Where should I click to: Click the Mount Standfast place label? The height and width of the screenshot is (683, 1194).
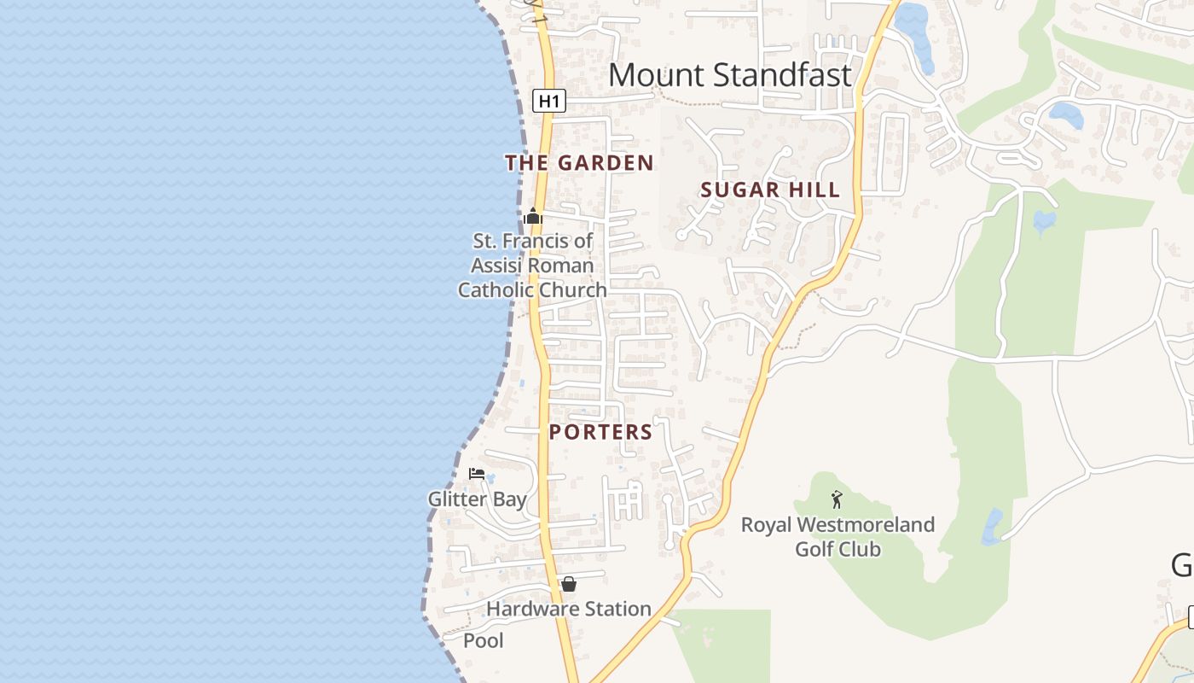point(730,75)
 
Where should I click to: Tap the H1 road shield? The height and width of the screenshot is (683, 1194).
point(549,101)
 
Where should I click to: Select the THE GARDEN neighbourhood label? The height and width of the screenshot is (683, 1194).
point(579,162)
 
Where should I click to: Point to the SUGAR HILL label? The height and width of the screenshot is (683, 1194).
point(770,190)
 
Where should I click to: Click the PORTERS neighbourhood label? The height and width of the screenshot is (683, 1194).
point(600,432)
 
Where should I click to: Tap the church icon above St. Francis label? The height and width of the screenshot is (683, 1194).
point(534,216)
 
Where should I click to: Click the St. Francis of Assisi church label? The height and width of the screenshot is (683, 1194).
point(532,266)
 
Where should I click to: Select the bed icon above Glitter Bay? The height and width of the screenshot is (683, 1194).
point(477,473)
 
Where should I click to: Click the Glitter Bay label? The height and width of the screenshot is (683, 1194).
point(477,499)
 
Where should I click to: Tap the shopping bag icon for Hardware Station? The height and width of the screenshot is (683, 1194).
point(569,584)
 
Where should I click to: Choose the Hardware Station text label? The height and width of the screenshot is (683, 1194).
point(568,609)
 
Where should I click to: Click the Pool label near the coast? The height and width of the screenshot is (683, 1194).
point(484,640)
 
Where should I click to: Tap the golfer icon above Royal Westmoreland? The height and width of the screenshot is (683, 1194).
point(837,499)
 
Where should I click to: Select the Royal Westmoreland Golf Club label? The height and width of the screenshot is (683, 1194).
point(838,536)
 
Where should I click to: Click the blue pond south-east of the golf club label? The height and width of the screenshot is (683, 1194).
point(992,527)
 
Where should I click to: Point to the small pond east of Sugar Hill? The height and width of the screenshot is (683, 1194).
point(1044,221)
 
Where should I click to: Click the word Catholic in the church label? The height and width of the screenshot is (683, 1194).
point(496,290)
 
